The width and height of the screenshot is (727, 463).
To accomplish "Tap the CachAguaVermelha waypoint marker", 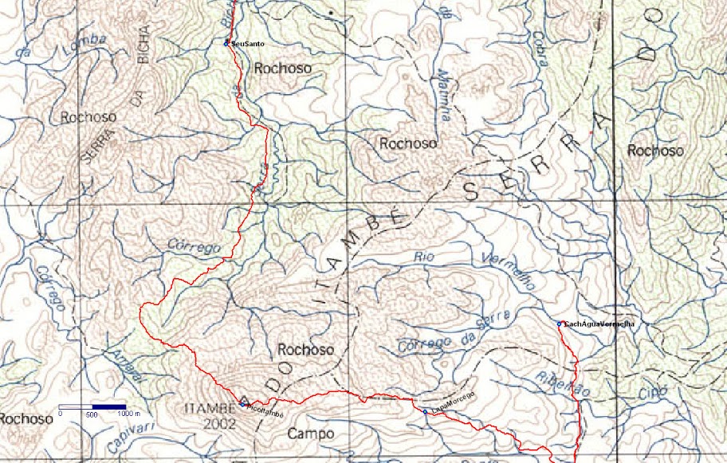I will (x=560, y=324).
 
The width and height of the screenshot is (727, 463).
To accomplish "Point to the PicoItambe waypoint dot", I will (x=242, y=404).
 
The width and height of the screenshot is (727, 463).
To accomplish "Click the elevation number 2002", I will (x=219, y=424).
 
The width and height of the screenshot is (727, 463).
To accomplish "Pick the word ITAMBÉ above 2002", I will (x=206, y=410).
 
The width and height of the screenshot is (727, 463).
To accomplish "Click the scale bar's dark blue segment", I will (x=109, y=407).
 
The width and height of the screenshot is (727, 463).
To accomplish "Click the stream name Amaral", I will (x=128, y=366).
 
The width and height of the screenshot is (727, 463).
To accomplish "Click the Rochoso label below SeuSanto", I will (x=283, y=69).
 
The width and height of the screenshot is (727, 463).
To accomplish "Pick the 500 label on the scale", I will (x=92, y=415).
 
